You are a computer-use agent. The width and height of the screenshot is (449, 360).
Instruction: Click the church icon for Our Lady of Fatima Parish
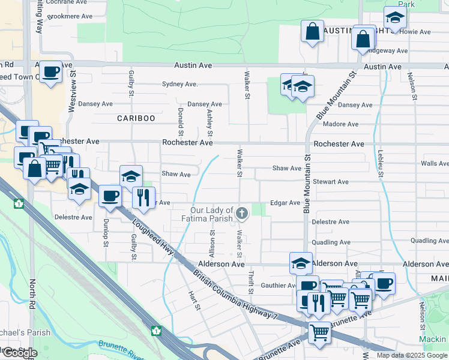click(242, 213)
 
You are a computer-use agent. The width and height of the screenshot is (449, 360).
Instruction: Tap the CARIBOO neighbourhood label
click(136, 118)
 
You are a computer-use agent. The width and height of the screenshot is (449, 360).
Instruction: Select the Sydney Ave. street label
click(180, 85)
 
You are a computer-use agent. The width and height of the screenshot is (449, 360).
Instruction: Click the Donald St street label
click(181, 122)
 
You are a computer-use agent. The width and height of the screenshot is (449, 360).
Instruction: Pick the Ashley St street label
click(209, 122)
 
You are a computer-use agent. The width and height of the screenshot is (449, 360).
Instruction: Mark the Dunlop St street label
click(106, 230)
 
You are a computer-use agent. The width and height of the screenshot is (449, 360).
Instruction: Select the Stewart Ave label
click(330, 182)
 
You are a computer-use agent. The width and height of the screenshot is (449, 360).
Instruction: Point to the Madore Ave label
click(340, 124)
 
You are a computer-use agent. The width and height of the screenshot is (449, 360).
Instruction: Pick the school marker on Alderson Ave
click(301, 263)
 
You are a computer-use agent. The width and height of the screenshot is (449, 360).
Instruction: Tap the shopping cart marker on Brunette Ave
click(319, 331)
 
